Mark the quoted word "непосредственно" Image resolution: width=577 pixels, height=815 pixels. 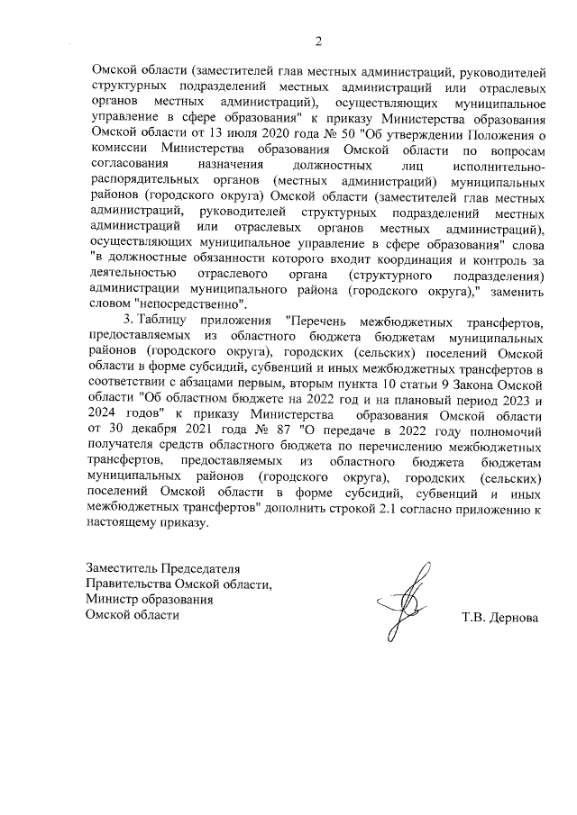pyautogui.click(x=189, y=306)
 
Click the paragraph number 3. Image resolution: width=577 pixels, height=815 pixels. pyautogui.click(x=129, y=321)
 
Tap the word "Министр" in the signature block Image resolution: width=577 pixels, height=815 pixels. pyautogui.click(x=113, y=599)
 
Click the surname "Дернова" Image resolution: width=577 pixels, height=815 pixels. pyautogui.click(x=513, y=619)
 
